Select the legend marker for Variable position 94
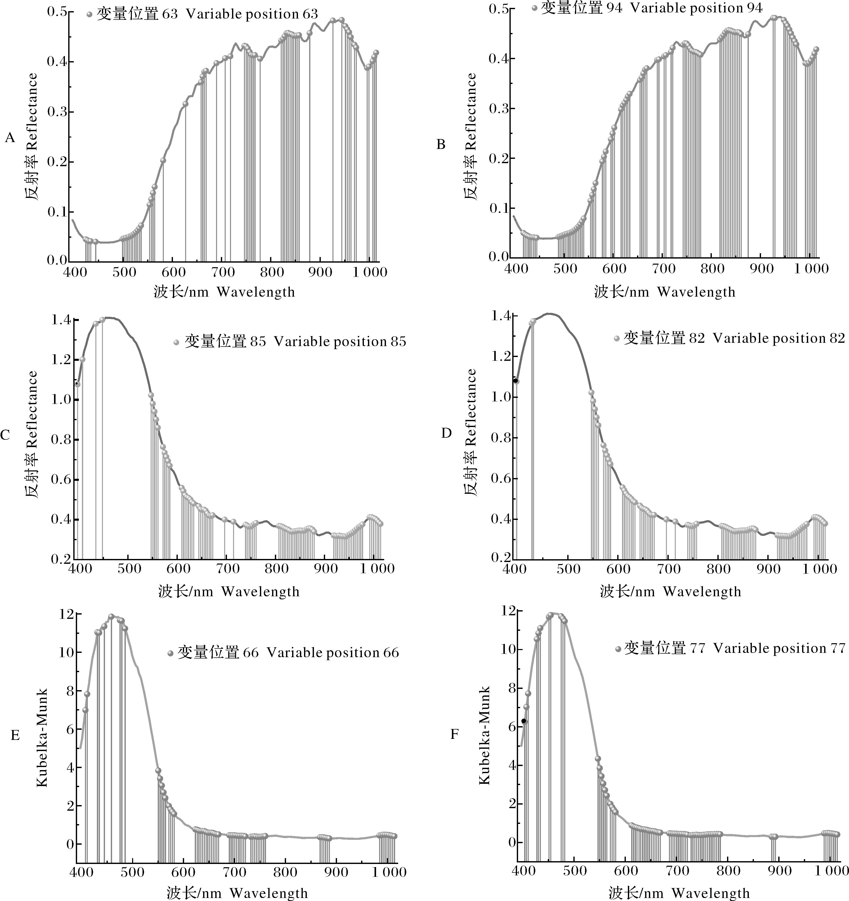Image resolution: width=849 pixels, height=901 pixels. click(535, 8)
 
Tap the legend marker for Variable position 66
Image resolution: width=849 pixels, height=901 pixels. click(170, 653)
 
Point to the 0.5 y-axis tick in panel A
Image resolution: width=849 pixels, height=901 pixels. click(57, 11)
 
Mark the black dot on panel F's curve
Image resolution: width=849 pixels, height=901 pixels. click(524, 721)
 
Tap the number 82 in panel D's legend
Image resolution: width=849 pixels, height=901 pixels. click(697, 338)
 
